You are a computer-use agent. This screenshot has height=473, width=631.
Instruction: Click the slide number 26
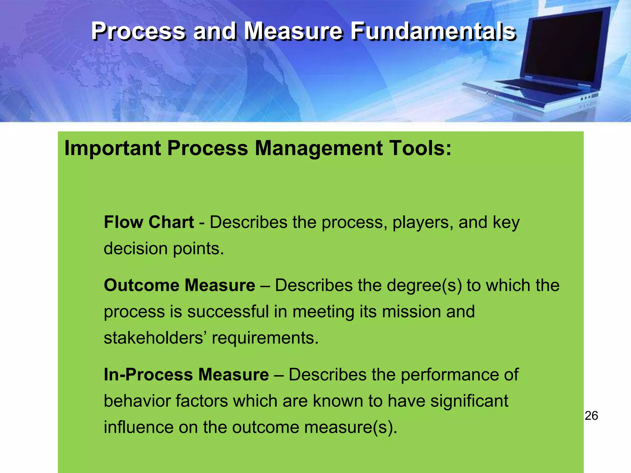point(591,416)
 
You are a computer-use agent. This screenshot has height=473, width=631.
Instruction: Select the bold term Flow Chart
point(149,222)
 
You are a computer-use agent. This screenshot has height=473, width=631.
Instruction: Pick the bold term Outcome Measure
point(179,285)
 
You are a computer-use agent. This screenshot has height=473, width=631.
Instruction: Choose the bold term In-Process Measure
point(186,375)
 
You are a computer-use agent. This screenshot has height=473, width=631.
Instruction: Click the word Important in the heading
point(112,148)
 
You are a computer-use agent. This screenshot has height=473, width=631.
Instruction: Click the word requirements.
point(265,338)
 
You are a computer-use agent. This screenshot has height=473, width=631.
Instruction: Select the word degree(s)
point(424,285)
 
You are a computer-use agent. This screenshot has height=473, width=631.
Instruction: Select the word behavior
point(137,401)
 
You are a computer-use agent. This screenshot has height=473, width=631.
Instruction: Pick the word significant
point(469,401)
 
